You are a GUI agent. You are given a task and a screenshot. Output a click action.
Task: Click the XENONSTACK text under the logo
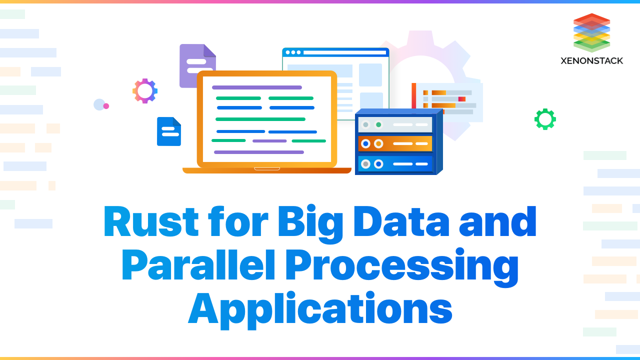click(x=592, y=60)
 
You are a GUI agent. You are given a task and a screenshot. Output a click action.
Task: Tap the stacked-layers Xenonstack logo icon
click(x=592, y=32)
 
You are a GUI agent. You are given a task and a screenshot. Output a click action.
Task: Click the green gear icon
click(x=545, y=119)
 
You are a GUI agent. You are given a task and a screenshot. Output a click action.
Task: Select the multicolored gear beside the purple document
click(x=145, y=91)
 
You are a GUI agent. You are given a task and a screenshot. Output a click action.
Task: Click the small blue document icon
click(x=169, y=131)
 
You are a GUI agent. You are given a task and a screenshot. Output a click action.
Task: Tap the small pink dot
click(x=106, y=106)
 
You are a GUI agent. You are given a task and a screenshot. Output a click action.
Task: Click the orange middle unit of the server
click(x=395, y=143)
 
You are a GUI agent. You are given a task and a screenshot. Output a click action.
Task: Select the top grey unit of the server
click(x=395, y=124)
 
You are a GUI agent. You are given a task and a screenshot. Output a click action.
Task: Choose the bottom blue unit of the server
click(x=395, y=163)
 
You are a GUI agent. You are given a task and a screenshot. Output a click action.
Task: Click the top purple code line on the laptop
click(x=257, y=87)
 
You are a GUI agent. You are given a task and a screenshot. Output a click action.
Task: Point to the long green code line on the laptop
click(x=260, y=119)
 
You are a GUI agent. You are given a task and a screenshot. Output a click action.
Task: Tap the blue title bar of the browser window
click(x=335, y=52)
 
